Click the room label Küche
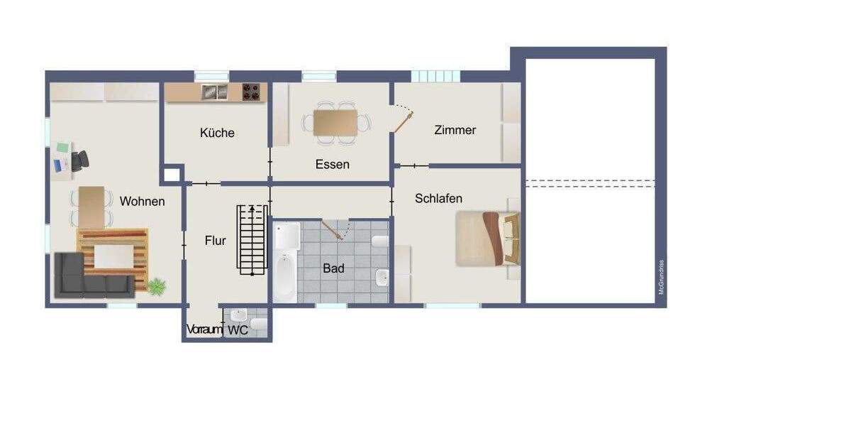(217, 133)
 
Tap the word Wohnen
(142, 202)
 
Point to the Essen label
(332, 165)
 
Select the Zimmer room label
(455, 131)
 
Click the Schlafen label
(439, 199)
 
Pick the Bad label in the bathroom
(333, 268)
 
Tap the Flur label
(216, 241)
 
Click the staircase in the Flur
(252, 239)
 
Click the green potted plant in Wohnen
(156, 286)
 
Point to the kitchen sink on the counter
(213, 92)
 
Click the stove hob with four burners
(251, 92)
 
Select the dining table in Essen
(335, 122)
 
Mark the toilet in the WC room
(259, 325)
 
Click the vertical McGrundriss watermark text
(661, 278)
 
